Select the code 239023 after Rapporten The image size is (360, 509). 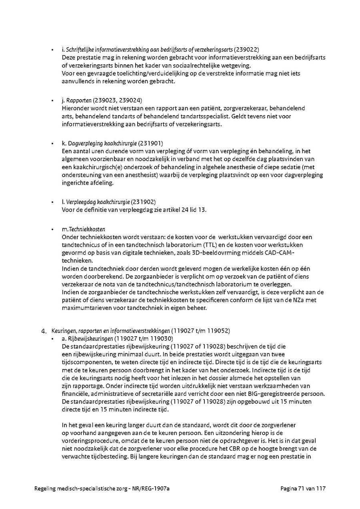(105, 100)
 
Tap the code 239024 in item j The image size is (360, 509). (128, 100)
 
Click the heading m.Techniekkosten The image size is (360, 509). (84, 229)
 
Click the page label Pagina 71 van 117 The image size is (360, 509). (303, 489)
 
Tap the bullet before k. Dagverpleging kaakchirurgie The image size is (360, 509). (52, 143)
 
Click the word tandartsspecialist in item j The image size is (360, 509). (204, 116)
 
